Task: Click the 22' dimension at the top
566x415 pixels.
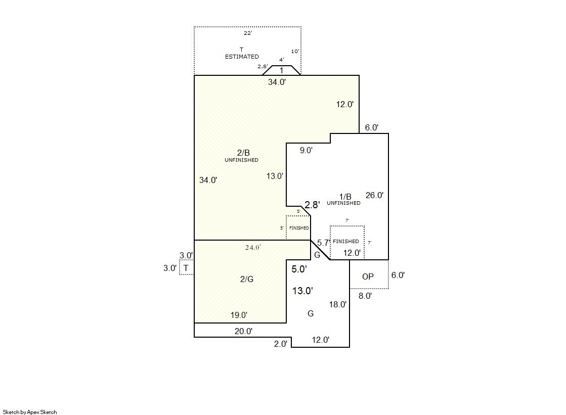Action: [x=248, y=33]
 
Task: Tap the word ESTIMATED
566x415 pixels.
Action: [x=242, y=57]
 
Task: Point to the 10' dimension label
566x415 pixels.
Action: [x=295, y=51]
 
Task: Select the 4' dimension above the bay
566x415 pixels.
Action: [x=282, y=60]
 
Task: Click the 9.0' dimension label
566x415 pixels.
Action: [x=306, y=150]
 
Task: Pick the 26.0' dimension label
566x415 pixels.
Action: [x=374, y=195]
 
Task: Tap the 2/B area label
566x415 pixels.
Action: [x=243, y=153]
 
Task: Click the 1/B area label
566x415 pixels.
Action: [x=345, y=196]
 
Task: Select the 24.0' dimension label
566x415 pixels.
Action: [x=253, y=247]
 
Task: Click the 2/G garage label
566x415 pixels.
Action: [x=247, y=279]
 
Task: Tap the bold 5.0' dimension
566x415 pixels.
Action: [x=299, y=269]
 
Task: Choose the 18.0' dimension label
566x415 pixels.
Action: [x=338, y=304]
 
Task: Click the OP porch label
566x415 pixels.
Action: [x=368, y=276]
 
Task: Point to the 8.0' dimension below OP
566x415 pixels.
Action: [x=365, y=296]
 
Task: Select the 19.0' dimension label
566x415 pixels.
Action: [x=239, y=315]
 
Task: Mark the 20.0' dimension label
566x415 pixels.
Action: [x=244, y=331]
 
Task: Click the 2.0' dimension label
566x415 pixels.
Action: [x=281, y=344]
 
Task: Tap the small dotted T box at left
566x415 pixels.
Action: [x=186, y=268]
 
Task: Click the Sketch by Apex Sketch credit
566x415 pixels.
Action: [x=30, y=412]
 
